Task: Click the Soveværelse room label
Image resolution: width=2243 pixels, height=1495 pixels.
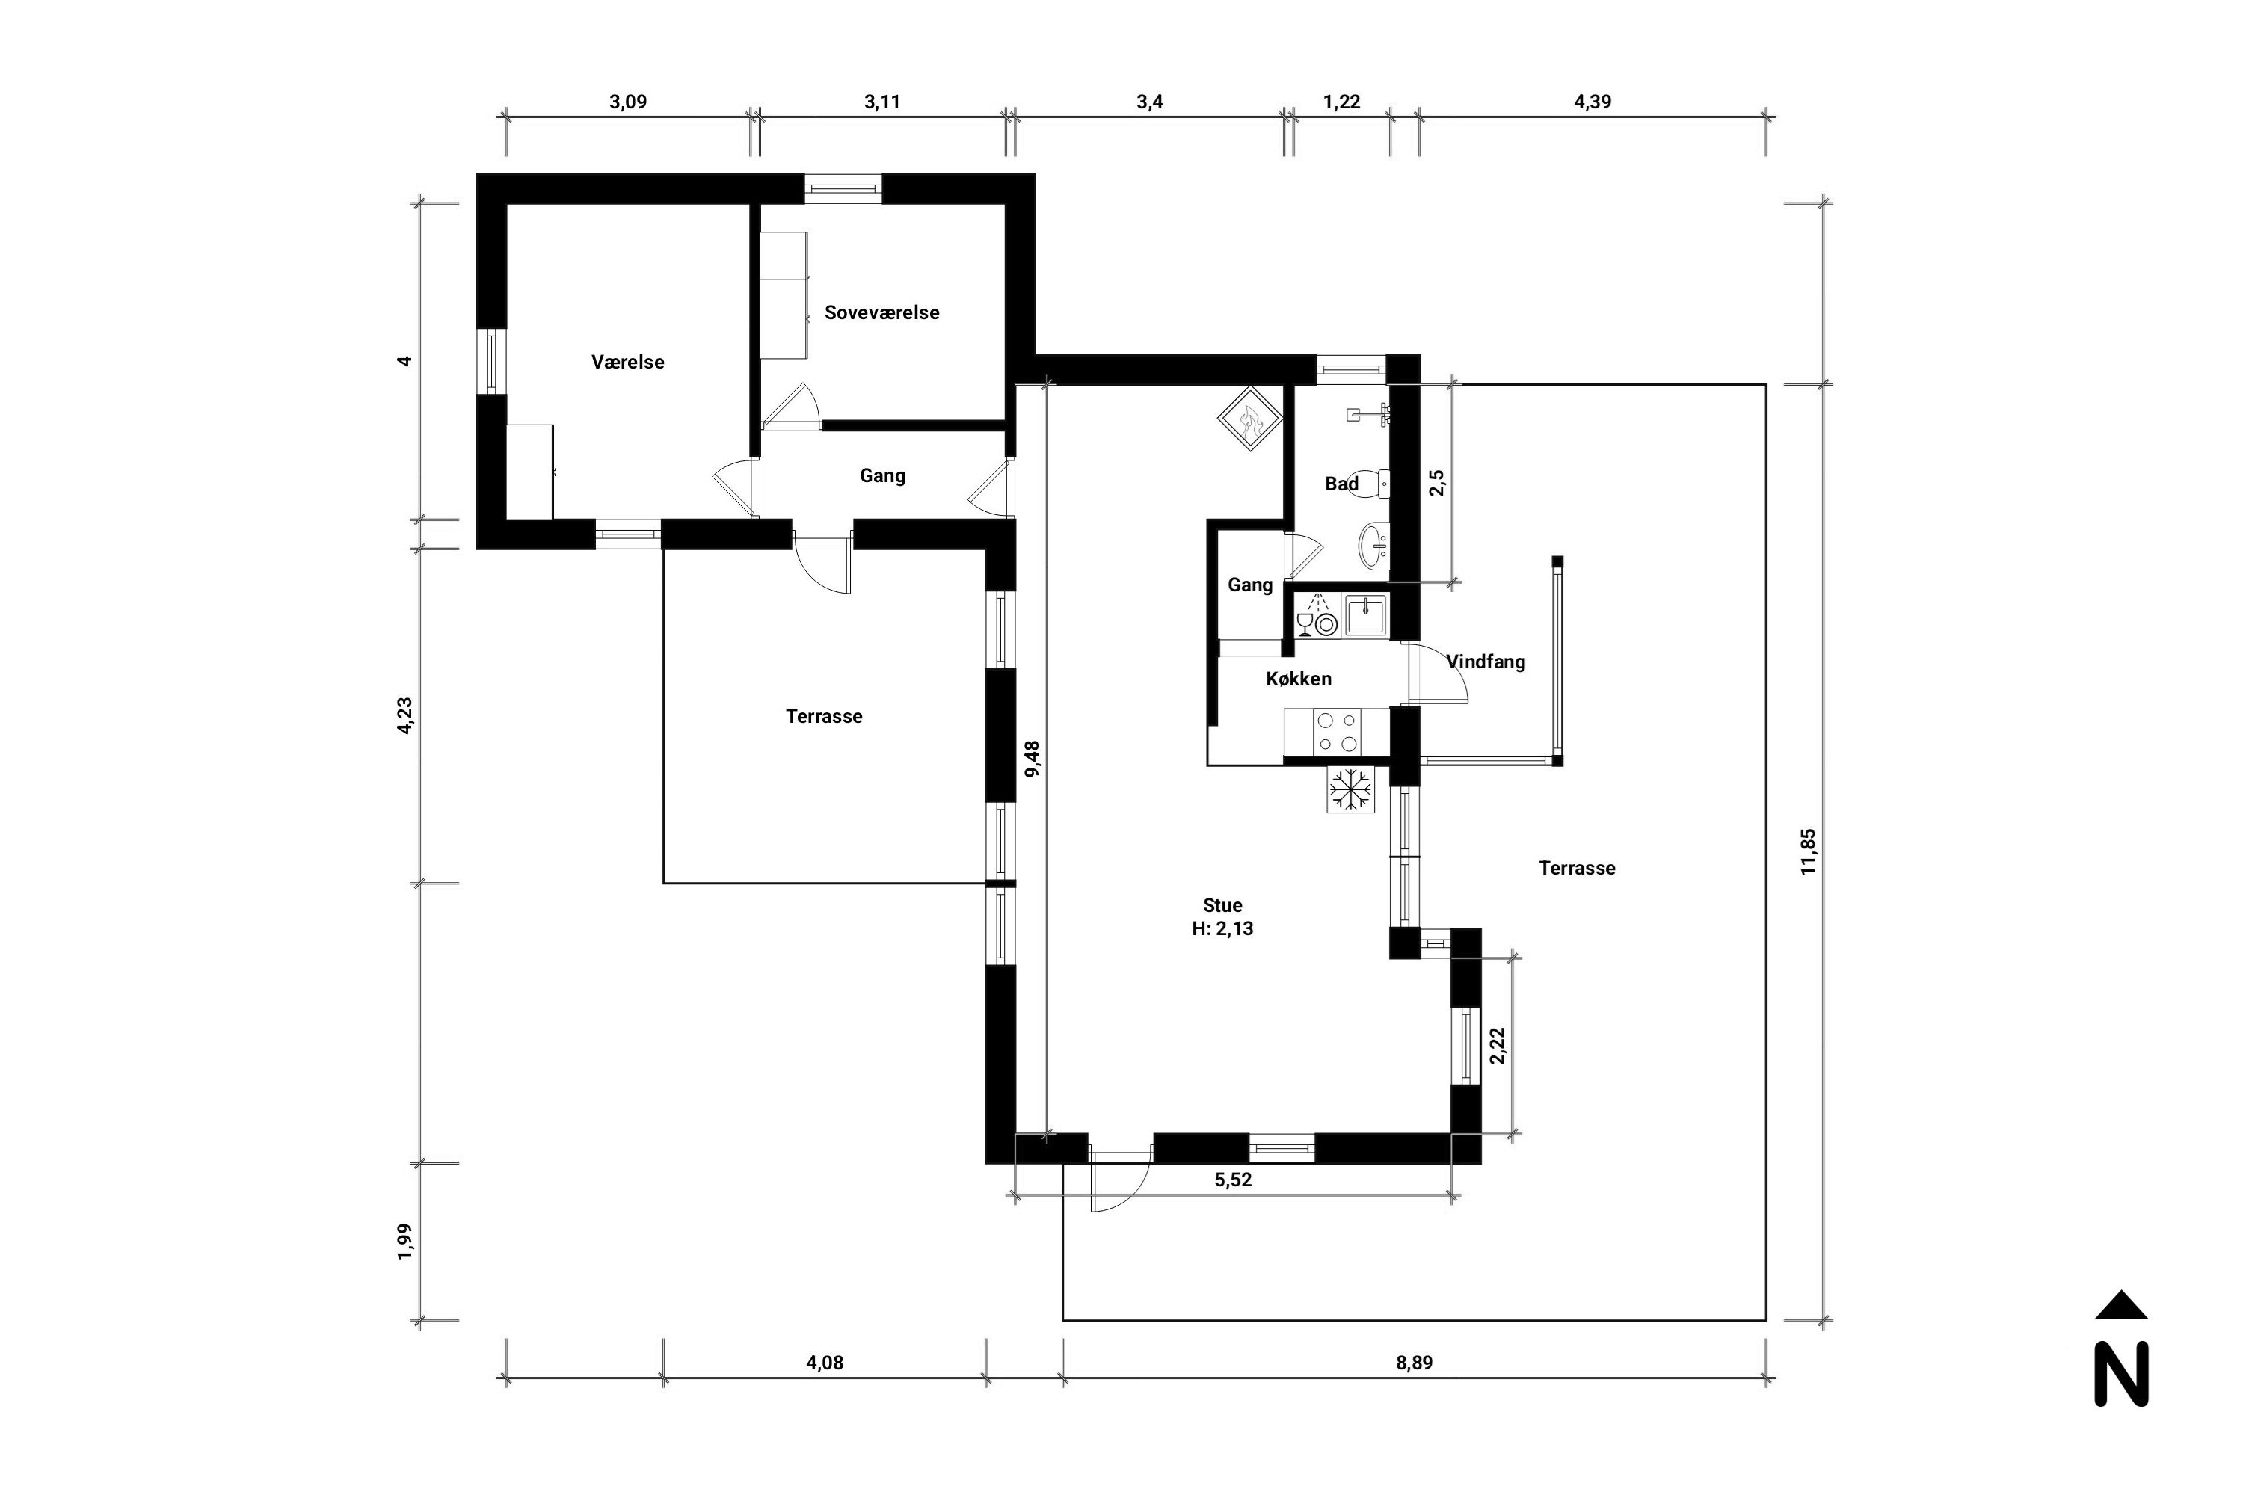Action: tap(882, 312)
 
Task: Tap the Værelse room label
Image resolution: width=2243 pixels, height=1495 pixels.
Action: tap(627, 363)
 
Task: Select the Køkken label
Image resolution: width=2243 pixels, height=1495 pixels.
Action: tap(1299, 679)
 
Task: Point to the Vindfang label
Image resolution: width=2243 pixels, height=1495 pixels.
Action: tap(1486, 662)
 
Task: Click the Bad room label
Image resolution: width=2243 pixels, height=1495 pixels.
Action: tap(1342, 484)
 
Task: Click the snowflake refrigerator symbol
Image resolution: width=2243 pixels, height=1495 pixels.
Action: tap(1350, 789)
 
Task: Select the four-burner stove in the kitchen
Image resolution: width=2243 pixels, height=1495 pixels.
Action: tap(1337, 733)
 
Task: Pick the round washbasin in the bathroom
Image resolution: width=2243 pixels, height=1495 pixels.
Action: tap(1373, 546)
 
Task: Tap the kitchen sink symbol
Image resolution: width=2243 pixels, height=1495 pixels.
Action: tap(1367, 615)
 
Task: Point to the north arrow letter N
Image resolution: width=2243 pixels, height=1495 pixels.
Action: tap(2121, 1374)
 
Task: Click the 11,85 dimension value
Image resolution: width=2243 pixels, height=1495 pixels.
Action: tap(1808, 852)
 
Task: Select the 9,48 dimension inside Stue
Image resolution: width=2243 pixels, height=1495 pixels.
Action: tap(1032, 759)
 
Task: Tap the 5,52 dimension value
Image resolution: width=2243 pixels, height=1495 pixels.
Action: tap(1233, 1180)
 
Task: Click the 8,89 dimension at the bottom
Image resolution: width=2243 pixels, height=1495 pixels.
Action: tap(1415, 1363)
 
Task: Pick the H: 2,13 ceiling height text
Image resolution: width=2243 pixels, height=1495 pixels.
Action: tap(1222, 928)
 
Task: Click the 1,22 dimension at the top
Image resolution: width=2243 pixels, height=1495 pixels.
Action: tap(1342, 102)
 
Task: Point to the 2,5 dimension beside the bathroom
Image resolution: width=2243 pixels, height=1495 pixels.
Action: tap(1437, 482)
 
